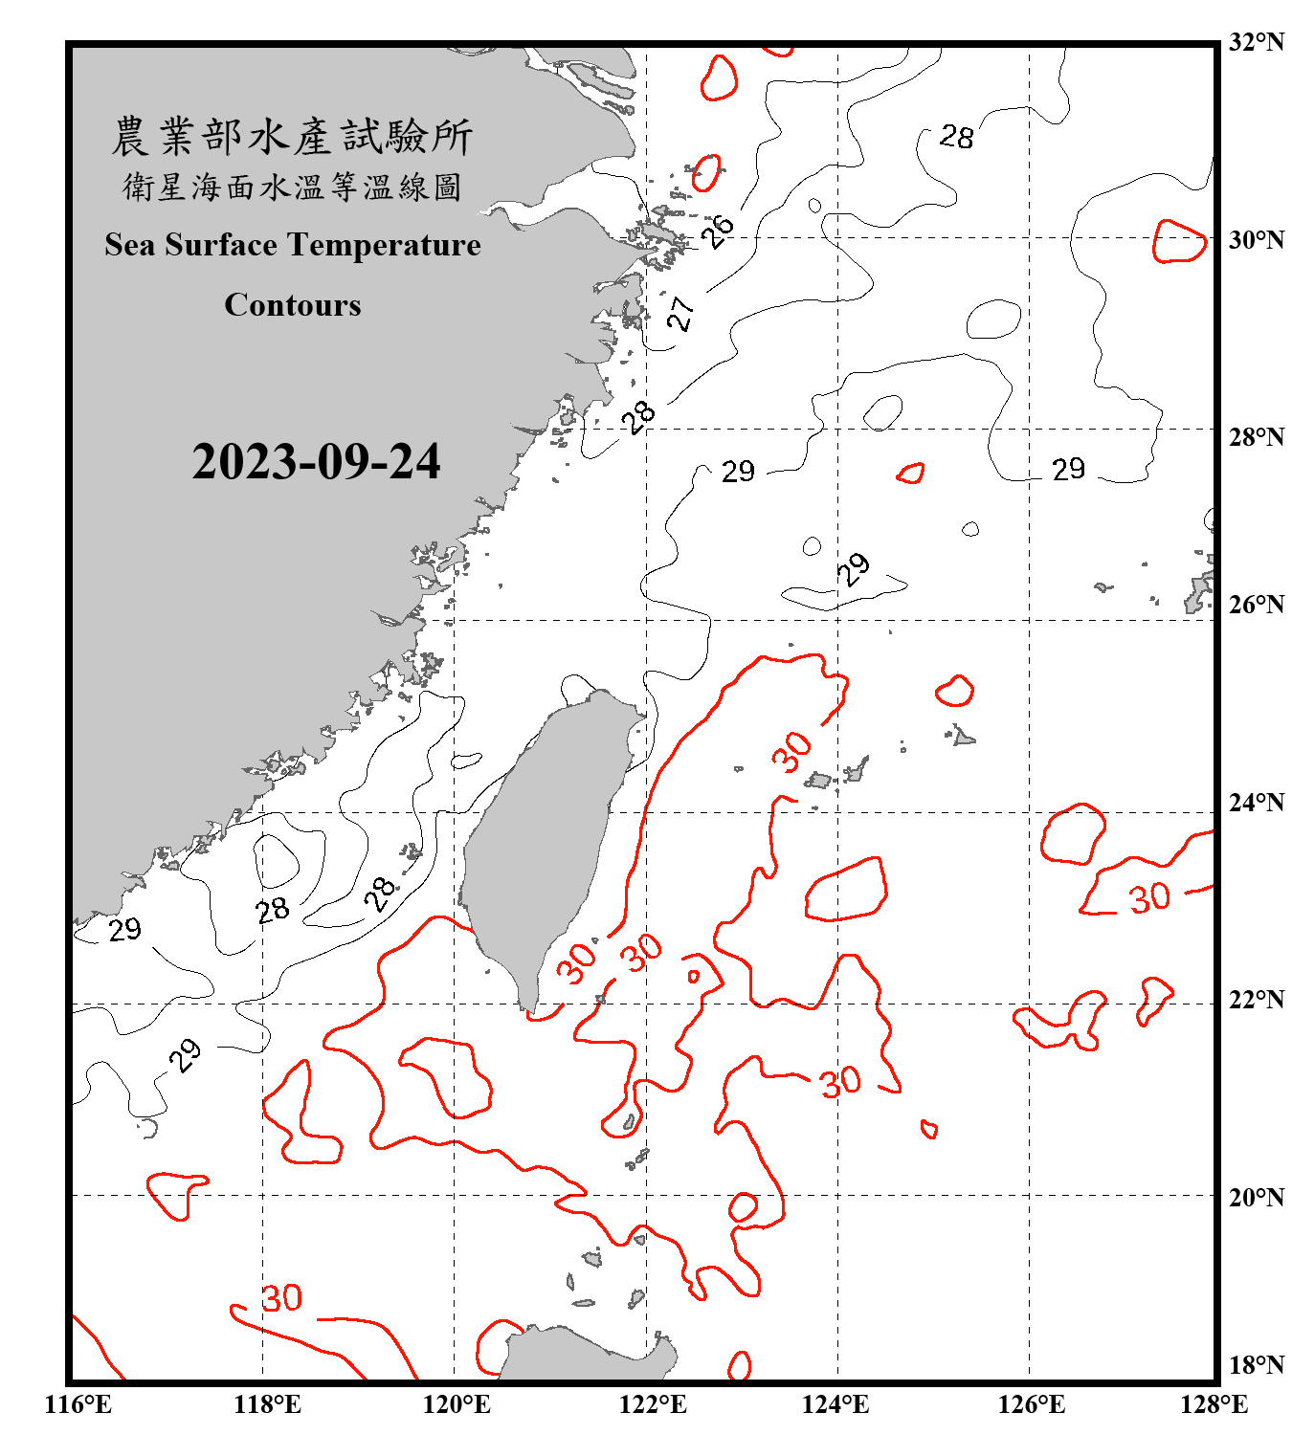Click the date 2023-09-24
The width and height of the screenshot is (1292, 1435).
(x=316, y=462)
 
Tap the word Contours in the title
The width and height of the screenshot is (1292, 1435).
(x=293, y=305)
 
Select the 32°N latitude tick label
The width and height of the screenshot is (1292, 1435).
(x=1256, y=42)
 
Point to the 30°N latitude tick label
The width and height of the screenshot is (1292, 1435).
(x=1256, y=239)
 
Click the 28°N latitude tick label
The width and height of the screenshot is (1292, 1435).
(x=1256, y=437)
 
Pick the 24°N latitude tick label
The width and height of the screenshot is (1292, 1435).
(x=1256, y=802)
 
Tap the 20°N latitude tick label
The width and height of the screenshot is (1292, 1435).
(x=1256, y=1197)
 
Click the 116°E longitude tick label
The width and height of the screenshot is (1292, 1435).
(x=78, y=1404)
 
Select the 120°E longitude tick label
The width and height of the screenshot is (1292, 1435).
(x=457, y=1404)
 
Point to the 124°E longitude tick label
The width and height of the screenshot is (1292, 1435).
(x=835, y=1404)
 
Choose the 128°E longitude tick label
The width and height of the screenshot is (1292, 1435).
(x=1214, y=1404)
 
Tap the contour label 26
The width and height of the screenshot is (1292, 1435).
(x=718, y=230)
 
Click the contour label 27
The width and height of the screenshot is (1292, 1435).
(x=680, y=313)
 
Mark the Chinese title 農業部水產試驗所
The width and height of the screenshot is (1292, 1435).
(x=292, y=137)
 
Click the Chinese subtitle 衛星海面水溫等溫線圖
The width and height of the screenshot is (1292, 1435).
(x=292, y=187)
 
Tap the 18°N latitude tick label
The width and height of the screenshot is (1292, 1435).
(x=1256, y=1365)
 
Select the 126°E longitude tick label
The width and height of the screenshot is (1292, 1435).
(x=1031, y=1404)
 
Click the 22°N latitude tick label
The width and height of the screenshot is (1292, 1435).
(x=1256, y=1000)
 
